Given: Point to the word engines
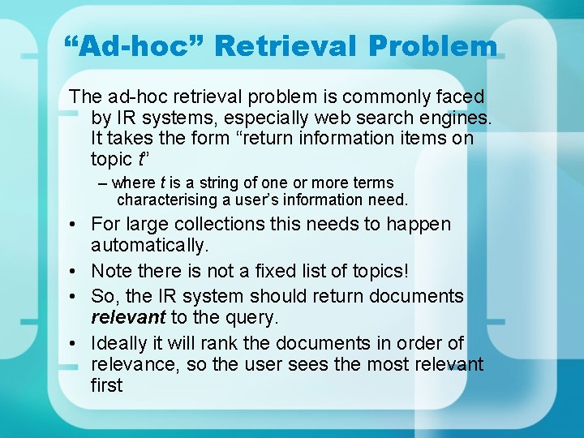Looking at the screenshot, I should coord(451,118).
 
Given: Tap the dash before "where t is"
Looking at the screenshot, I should coord(103,183).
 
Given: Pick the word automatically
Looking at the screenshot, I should coord(150,245).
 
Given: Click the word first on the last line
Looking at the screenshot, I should coord(106,385).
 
